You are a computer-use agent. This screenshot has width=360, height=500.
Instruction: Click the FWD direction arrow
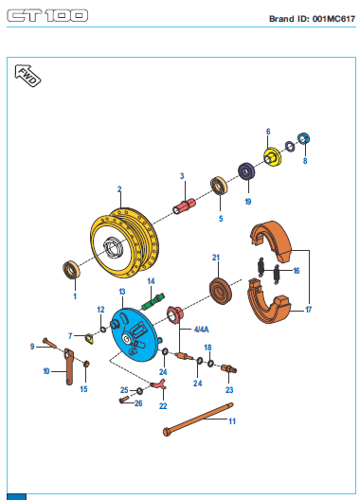pyautogui.click(x=27, y=76)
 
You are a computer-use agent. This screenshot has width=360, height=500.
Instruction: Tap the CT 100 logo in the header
pyautogui.click(x=47, y=15)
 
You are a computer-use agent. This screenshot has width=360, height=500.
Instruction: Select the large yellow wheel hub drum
pyautogui.click(x=124, y=243)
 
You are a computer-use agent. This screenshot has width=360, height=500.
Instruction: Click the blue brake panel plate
pyautogui.click(x=134, y=335)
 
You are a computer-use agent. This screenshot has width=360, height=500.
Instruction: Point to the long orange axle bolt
pyautogui.click(x=198, y=420)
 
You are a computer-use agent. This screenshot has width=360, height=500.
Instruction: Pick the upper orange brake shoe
pyautogui.click(x=271, y=241)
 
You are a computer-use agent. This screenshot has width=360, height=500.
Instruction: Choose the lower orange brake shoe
pyautogui.click(x=269, y=301)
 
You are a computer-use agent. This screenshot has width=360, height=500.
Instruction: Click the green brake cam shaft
pyautogui.click(x=153, y=302)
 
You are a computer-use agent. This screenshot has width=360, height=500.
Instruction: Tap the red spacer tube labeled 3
pyautogui.click(x=184, y=206)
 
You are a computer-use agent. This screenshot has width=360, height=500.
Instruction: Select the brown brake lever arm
pyautogui.click(x=69, y=366)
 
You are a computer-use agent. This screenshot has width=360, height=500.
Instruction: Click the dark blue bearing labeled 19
pyautogui.click(x=246, y=171)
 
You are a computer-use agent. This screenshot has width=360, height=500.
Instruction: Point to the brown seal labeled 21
pyautogui.click(x=220, y=291)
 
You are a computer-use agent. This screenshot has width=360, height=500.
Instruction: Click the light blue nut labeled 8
pyautogui.click(x=304, y=138)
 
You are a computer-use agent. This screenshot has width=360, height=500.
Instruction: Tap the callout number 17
pyautogui.click(x=308, y=310)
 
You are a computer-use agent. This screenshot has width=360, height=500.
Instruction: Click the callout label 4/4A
pyautogui.click(x=202, y=330)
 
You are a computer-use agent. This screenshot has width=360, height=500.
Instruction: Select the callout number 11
pyautogui.click(x=232, y=421)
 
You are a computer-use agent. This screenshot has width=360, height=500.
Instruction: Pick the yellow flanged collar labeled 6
pyautogui.click(x=272, y=156)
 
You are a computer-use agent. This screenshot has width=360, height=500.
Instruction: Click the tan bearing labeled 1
pyautogui.click(x=71, y=270)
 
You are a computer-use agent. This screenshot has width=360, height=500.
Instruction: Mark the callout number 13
pyautogui.click(x=122, y=292)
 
